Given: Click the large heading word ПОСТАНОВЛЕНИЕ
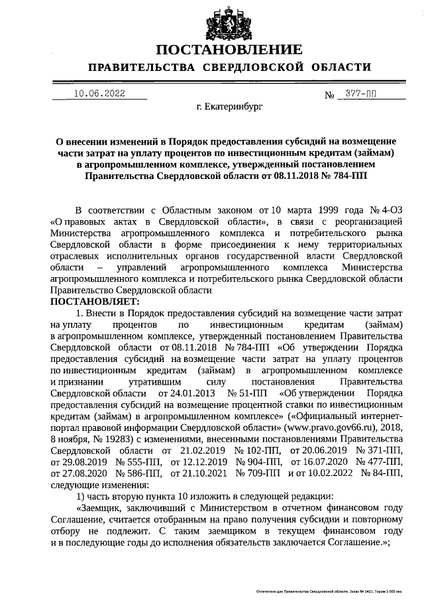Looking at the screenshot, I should (229, 50).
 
